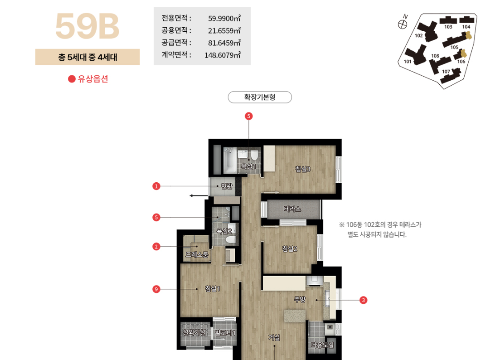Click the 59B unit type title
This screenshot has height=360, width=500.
coord(87,26)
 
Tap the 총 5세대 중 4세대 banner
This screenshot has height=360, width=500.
coord(87,57)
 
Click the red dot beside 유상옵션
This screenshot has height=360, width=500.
coord(72,79)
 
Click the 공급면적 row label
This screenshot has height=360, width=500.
coord(176,43)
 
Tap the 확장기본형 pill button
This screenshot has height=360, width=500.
coord(260,97)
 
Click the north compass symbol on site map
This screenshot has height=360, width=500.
coord(402,24)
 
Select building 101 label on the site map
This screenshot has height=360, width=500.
coord(408,61)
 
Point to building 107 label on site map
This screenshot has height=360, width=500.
coord(446,71)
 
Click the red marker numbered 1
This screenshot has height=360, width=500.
coord(156,186)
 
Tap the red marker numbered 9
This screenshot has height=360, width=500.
coord(156,289)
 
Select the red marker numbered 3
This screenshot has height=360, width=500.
coord(363,300)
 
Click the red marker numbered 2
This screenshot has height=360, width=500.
coord(156,247)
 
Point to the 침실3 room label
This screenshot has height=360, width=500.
coord(302,169)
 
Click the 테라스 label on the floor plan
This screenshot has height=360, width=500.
coord(292,209)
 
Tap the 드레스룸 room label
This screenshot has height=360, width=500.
coord(197,255)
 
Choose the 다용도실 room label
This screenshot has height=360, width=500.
coord(322,345)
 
